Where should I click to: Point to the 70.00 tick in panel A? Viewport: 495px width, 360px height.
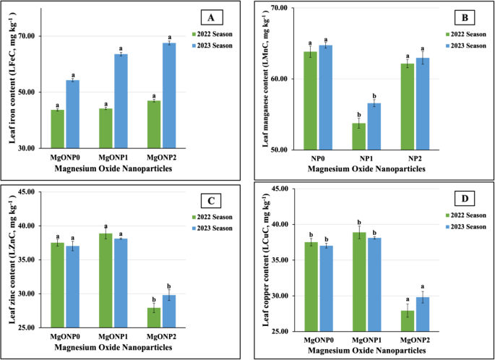33,36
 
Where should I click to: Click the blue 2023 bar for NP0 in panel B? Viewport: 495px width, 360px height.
326,97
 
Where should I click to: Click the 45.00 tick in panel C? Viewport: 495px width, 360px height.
31,192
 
